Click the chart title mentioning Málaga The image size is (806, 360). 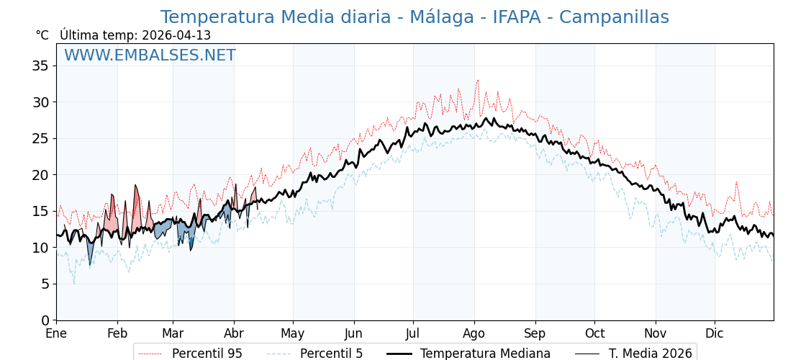pos(415,17)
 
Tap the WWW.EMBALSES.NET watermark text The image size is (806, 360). pos(150,55)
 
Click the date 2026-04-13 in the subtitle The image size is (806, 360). pos(176,35)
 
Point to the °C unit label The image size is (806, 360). pos(42,35)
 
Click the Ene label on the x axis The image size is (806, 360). pos(56,334)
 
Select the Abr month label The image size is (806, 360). pos(234,334)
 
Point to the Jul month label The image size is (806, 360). pos(413,334)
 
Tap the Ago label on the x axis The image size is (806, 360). pos(474,334)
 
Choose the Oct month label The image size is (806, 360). pos(594,334)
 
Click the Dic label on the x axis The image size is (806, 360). pos(715,334)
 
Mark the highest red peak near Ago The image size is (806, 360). pos(477,80)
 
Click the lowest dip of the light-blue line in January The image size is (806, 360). pos(73,284)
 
